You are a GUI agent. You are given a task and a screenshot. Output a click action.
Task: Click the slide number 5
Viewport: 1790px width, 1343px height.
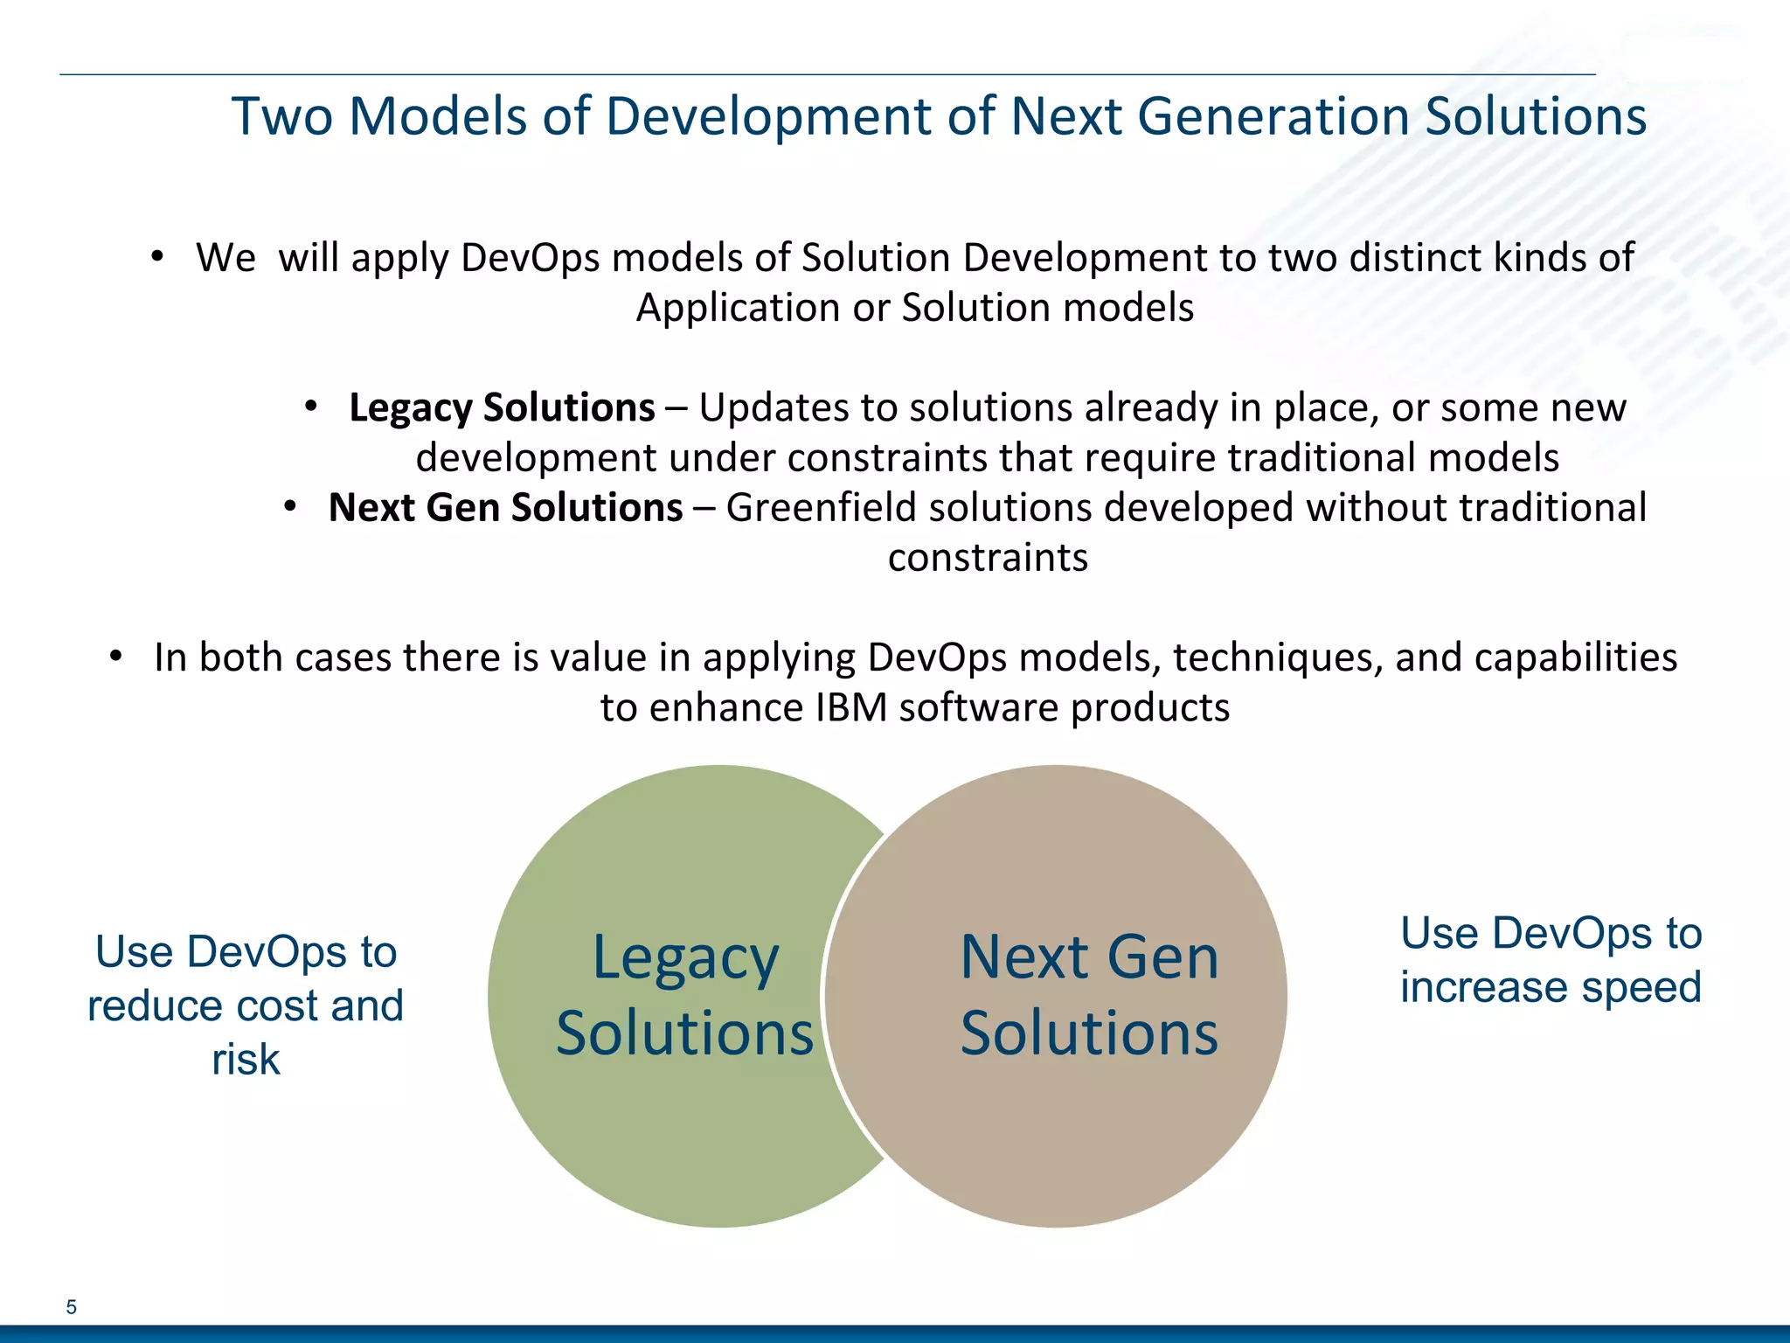pos(72,1307)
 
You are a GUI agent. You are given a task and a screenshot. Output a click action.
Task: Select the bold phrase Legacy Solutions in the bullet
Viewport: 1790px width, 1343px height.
pos(502,408)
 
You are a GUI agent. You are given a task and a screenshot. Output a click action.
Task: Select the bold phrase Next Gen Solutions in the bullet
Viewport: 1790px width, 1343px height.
pos(505,508)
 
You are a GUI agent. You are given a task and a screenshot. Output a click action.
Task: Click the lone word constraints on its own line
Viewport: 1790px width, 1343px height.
pos(988,558)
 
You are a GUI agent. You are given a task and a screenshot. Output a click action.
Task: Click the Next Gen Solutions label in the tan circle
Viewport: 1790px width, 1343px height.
pos(1089,995)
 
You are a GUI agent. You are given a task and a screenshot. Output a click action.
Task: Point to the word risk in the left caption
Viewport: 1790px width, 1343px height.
pos(246,1060)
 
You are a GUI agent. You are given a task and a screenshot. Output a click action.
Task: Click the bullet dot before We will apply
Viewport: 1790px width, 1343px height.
pos(156,257)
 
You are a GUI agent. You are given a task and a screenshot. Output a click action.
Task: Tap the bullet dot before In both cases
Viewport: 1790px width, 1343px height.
pos(115,657)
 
